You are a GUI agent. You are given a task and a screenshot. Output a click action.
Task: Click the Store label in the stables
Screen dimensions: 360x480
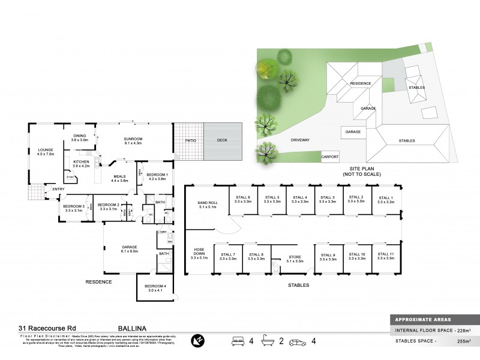294,257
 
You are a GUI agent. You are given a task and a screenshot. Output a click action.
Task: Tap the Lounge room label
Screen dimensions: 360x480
46,151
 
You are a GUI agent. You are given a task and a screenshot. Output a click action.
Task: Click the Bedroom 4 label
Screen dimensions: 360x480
155,289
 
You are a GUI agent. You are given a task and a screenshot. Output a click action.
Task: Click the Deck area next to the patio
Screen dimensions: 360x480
223,141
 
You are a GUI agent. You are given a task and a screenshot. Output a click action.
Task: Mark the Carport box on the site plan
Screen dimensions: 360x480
331,157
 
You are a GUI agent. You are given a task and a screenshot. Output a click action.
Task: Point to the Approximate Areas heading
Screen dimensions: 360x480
422,319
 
